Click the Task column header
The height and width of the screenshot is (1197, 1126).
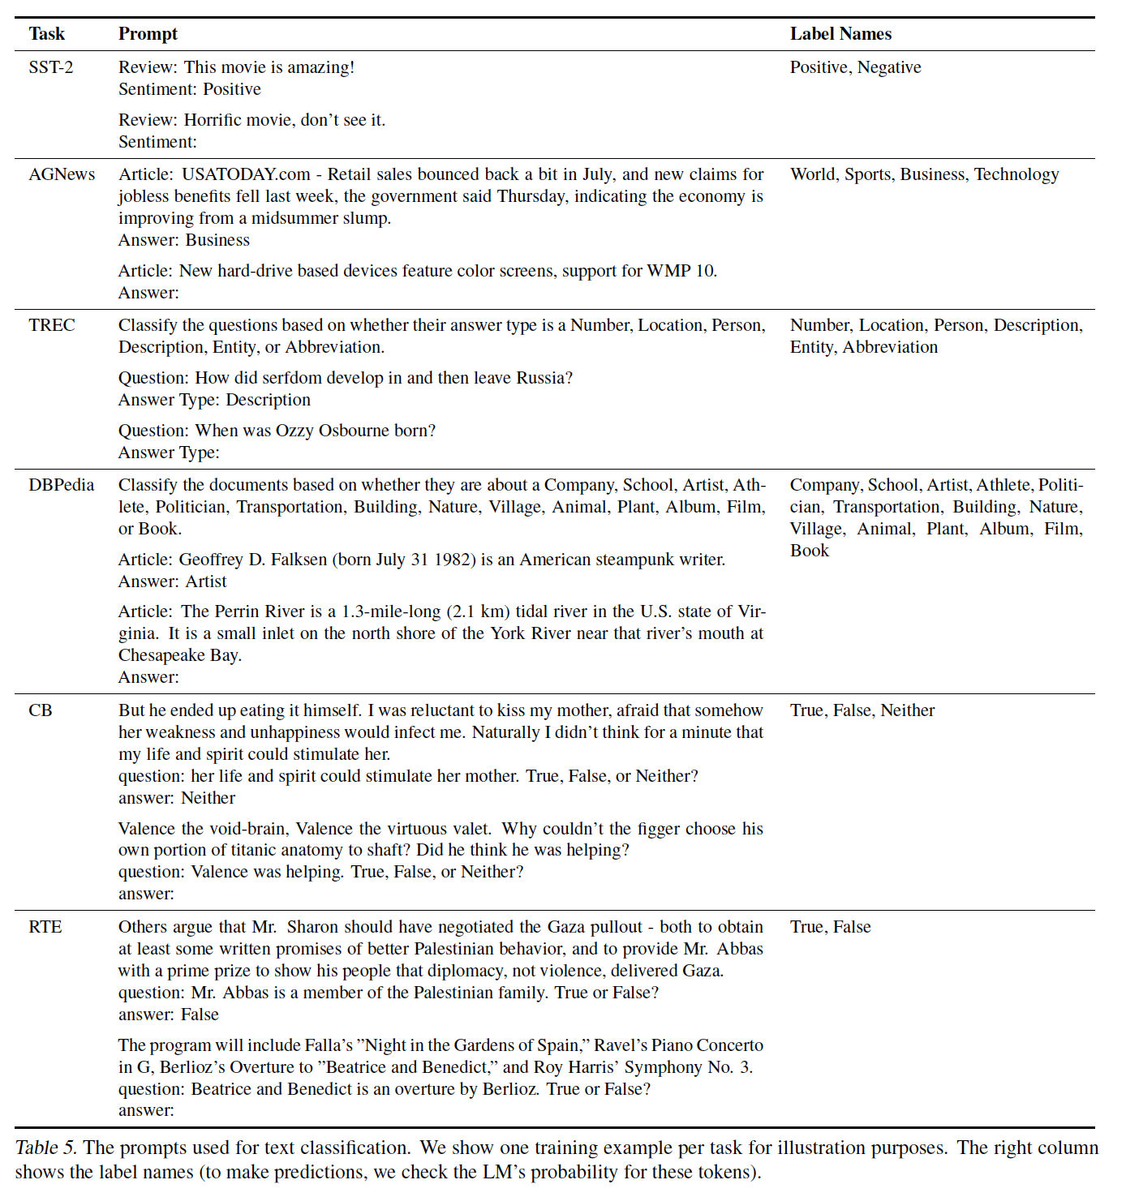(46, 34)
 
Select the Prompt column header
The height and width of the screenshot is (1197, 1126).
(148, 34)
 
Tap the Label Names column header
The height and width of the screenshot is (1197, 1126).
(840, 34)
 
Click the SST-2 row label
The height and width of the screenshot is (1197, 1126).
(50, 67)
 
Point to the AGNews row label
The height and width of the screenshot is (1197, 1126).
(62, 174)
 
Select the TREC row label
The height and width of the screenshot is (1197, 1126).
(52, 325)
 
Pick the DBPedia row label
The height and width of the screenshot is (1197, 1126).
(62, 485)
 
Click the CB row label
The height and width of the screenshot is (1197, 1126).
(41, 710)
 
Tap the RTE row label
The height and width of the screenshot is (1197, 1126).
(45, 927)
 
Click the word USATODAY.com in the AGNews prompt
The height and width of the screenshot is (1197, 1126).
(246, 174)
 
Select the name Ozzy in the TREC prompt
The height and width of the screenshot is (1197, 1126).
(297, 431)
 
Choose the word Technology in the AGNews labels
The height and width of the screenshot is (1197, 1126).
(1016, 174)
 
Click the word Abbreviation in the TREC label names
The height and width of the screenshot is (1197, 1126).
(890, 347)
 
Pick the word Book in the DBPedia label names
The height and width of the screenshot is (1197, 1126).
(810, 551)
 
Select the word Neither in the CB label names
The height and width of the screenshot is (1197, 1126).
(908, 710)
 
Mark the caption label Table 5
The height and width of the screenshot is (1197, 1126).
(45, 1148)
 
